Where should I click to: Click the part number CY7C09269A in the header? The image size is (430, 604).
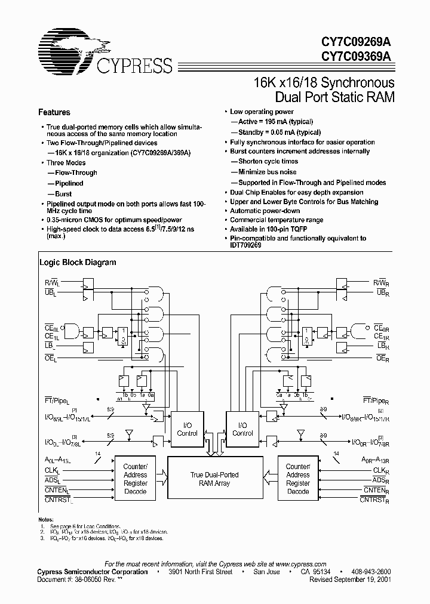[357, 43]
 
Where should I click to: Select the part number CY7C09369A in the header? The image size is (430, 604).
[357, 57]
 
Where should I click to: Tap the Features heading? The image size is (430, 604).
[54, 112]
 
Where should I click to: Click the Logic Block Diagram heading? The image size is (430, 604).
[78, 262]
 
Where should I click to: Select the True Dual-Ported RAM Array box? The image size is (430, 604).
[214, 479]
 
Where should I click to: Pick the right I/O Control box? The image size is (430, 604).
[242, 429]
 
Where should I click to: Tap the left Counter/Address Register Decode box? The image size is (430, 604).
[136, 479]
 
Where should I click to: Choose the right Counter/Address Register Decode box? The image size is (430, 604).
[297, 479]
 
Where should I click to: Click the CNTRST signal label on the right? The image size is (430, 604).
[375, 499]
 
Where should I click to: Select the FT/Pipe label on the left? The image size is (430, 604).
[57, 399]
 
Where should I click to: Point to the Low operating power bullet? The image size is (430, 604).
[262, 112]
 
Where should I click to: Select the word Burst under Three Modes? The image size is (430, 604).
[63, 194]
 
